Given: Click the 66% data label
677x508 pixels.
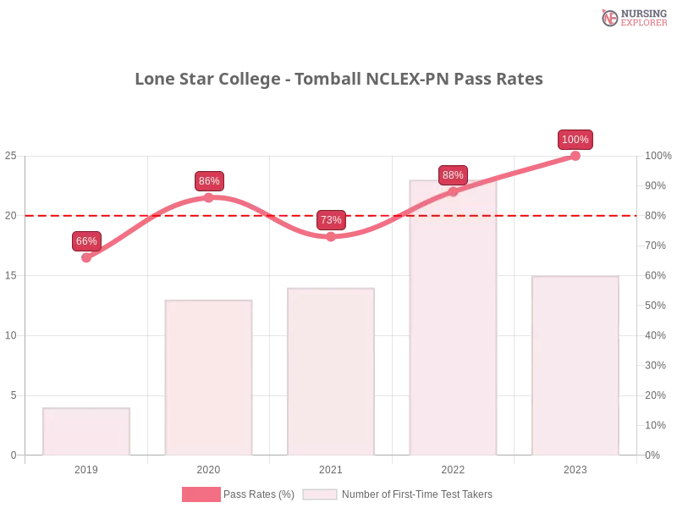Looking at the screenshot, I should (86, 241).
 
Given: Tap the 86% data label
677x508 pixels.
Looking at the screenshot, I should (209, 181).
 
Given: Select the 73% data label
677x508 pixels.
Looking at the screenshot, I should (331, 220).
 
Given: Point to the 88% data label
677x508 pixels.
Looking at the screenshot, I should (453, 175).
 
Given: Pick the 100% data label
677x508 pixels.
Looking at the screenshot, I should (575, 140).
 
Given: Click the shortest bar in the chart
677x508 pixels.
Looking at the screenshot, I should (88, 432).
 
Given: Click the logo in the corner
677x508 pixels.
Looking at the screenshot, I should (632, 18).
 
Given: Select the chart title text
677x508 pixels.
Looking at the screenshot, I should (341, 80).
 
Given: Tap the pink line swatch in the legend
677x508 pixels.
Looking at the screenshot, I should (201, 494).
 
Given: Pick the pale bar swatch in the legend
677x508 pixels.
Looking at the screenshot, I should (320, 494).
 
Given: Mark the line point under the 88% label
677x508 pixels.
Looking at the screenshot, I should (453, 191).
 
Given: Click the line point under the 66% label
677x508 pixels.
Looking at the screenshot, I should (87, 258).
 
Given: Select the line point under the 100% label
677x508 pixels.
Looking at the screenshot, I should (575, 156).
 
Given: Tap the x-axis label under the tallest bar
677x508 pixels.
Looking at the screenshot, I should (454, 467).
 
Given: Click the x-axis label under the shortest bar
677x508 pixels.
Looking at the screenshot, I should (88, 467).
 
